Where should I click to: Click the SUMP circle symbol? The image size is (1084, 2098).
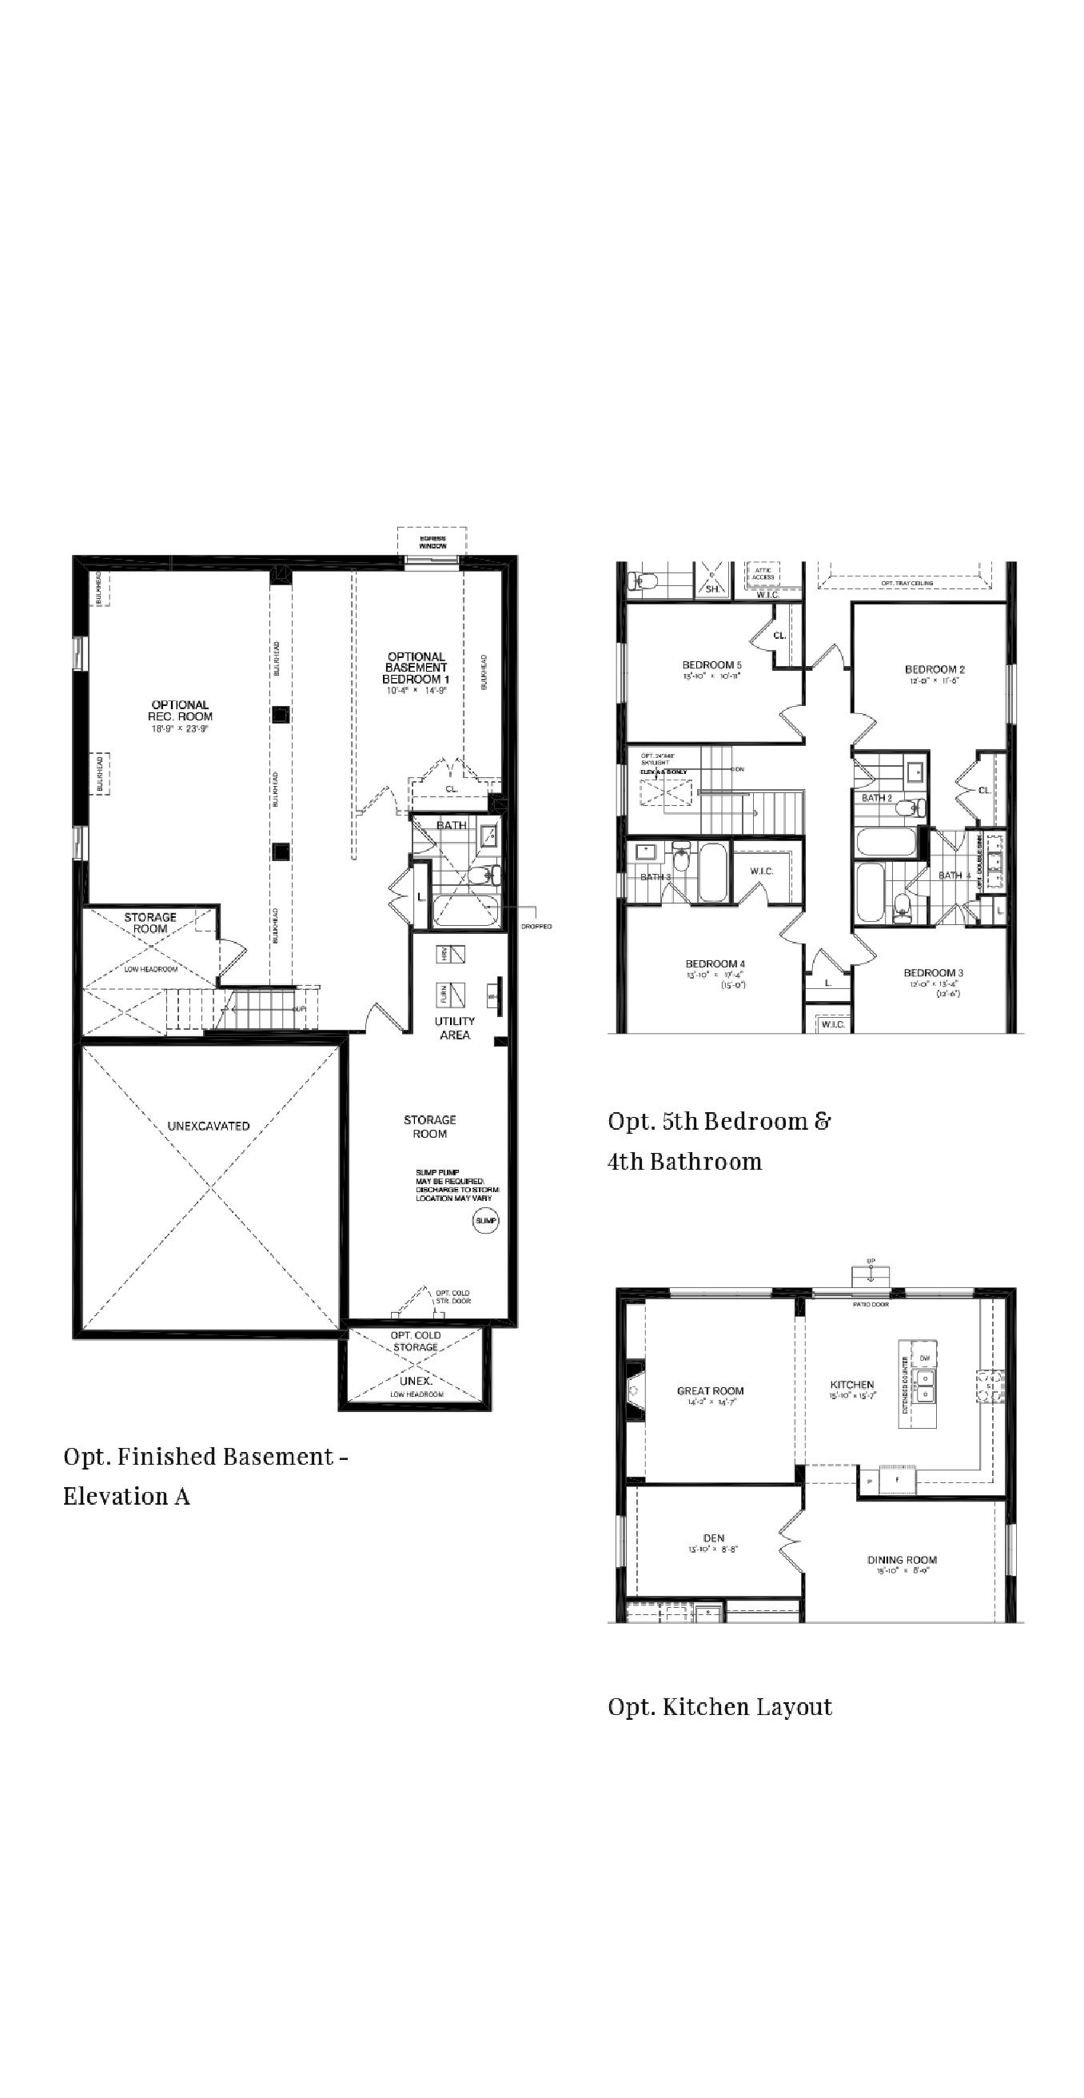coord(485,1221)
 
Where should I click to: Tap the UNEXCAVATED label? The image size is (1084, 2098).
coord(209,1127)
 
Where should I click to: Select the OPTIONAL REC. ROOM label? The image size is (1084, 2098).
coord(180,711)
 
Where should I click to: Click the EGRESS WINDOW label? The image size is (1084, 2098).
coord(432,542)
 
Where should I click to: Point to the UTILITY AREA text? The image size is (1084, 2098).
coord(454,1028)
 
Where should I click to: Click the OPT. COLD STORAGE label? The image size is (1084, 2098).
coord(416,1342)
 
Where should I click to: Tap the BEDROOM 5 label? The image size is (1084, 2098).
coord(711,665)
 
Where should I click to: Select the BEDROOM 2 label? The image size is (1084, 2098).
coord(935,669)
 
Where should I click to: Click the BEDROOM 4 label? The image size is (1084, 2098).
coord(715,963)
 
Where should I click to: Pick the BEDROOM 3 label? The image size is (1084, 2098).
coord(934,972)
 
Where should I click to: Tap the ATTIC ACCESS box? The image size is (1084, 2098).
coord(763,574)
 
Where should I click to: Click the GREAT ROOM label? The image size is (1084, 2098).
coord(710,1391)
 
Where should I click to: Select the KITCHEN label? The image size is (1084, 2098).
coord(852,1385)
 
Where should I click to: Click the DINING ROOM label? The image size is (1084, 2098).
coord(902,1561)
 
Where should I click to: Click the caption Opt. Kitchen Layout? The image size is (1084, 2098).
coord(720,1707)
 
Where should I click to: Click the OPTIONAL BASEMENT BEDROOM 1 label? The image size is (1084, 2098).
coord(416,668)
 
